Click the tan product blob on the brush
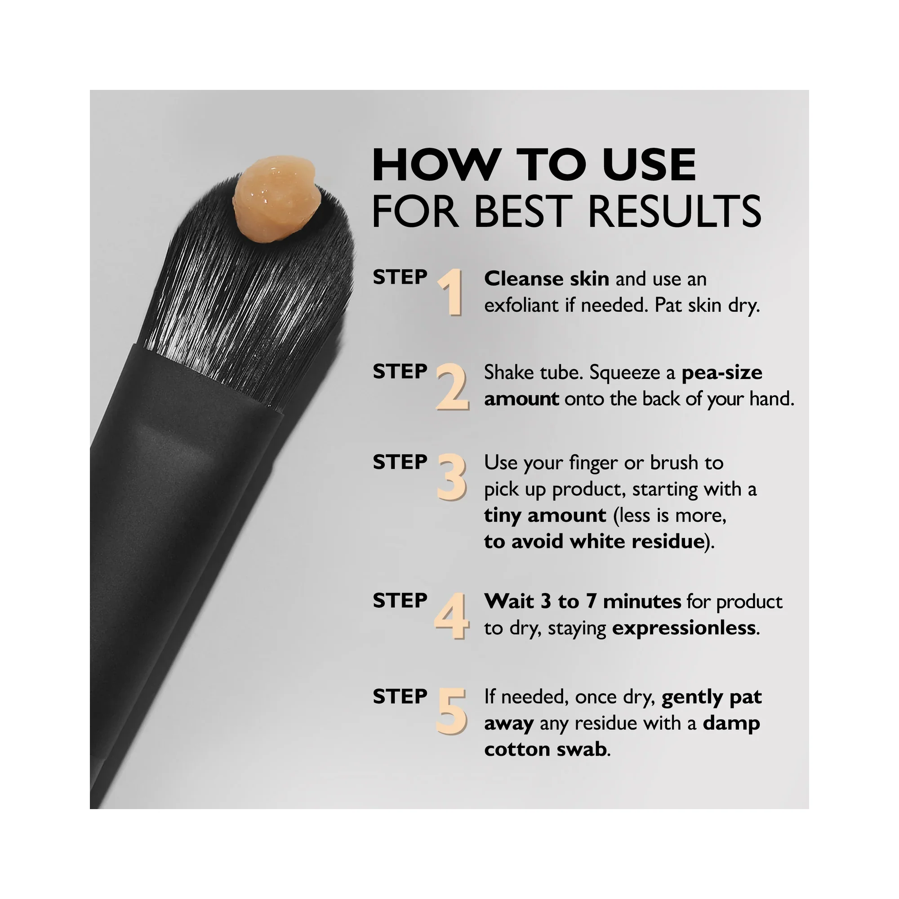[277, 199]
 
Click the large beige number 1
[450, 292]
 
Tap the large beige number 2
[452, 387]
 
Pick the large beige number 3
[452, 478]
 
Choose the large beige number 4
[451, 616]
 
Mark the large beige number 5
[451, 712]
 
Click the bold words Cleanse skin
[547, 279]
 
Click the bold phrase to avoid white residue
[594, 541]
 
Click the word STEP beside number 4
[400, 601]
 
